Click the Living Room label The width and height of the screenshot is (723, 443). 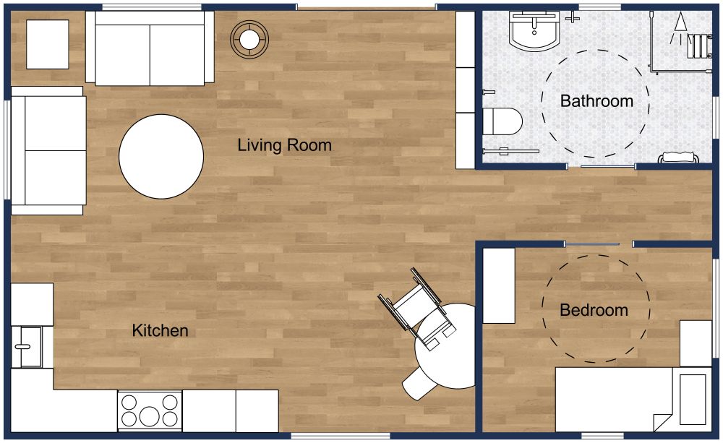284,145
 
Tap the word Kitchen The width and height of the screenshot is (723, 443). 160,331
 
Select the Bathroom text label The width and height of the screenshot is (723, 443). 596,101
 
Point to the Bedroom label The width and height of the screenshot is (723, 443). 594,311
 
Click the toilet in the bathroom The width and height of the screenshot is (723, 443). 503,121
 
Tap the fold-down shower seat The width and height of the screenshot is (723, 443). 698,45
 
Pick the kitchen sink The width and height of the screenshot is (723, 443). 27,346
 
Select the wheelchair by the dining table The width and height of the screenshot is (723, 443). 418,307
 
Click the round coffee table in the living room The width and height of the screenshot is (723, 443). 161,156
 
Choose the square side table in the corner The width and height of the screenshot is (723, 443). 48,44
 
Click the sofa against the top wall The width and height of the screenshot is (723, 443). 150,48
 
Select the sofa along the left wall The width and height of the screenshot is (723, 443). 48,150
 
